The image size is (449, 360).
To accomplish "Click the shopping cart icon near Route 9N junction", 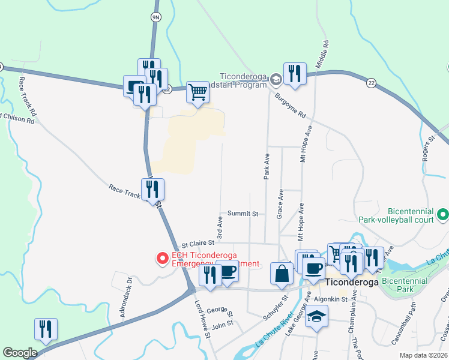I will click(x=197, y=92).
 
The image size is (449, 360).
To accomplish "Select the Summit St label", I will click(x=243, y=214).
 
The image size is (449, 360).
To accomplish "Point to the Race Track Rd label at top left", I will click(x=28, y=96).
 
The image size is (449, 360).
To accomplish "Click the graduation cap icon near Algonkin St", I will click(x=316, y=316).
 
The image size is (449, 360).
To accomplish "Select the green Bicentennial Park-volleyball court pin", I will click(x=443, y=214).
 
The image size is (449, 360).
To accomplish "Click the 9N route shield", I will click(x=156, y=17).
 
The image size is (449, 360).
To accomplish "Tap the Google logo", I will click(x=20, y=353).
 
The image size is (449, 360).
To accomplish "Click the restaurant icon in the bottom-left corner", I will click(x=46, y=329).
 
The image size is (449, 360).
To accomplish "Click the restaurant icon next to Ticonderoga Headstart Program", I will click(x=295, y=74).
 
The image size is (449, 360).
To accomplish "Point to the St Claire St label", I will click(x=197, y=243).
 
